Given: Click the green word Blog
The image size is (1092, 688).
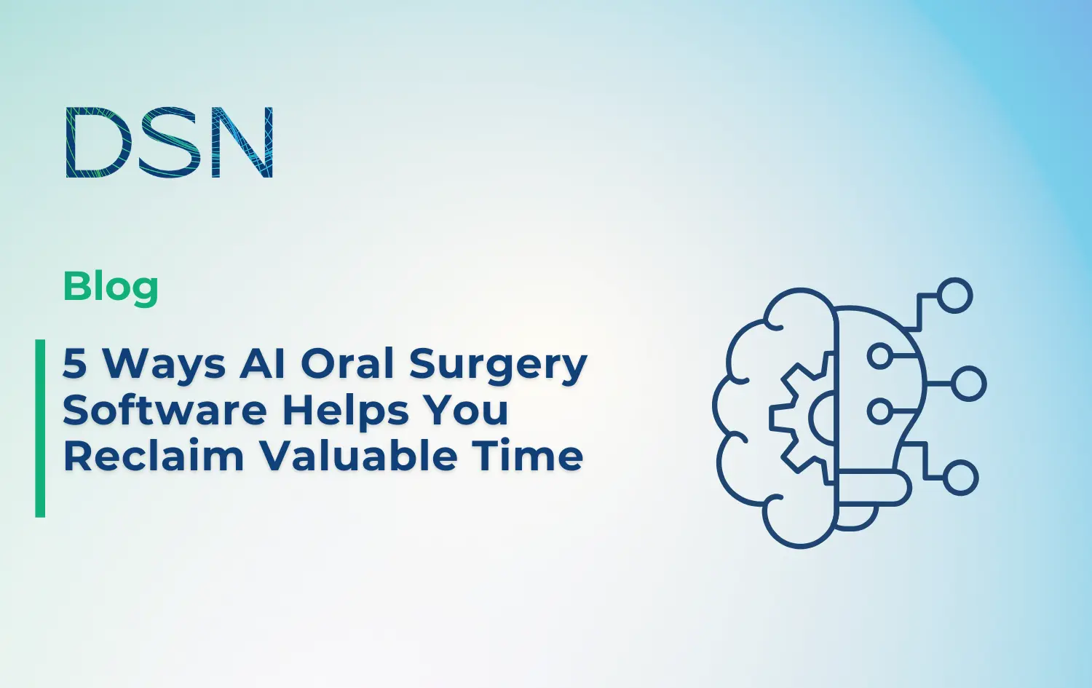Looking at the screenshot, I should [111, 287].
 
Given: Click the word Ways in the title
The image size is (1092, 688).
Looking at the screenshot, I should [164, 364].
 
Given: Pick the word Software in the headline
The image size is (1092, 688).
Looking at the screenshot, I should [165, 410].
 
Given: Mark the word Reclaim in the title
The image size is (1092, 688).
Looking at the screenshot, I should [154, 456].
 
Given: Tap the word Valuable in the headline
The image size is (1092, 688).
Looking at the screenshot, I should [359, 456].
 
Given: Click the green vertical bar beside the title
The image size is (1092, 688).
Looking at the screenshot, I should [40, 428].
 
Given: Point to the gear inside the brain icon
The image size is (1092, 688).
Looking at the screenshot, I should [801, 419].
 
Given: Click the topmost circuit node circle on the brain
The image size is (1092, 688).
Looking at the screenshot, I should [954, 296].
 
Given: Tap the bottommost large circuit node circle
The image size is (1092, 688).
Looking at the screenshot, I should [960, 478].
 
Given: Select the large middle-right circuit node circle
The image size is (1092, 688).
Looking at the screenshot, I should [968, 384].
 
